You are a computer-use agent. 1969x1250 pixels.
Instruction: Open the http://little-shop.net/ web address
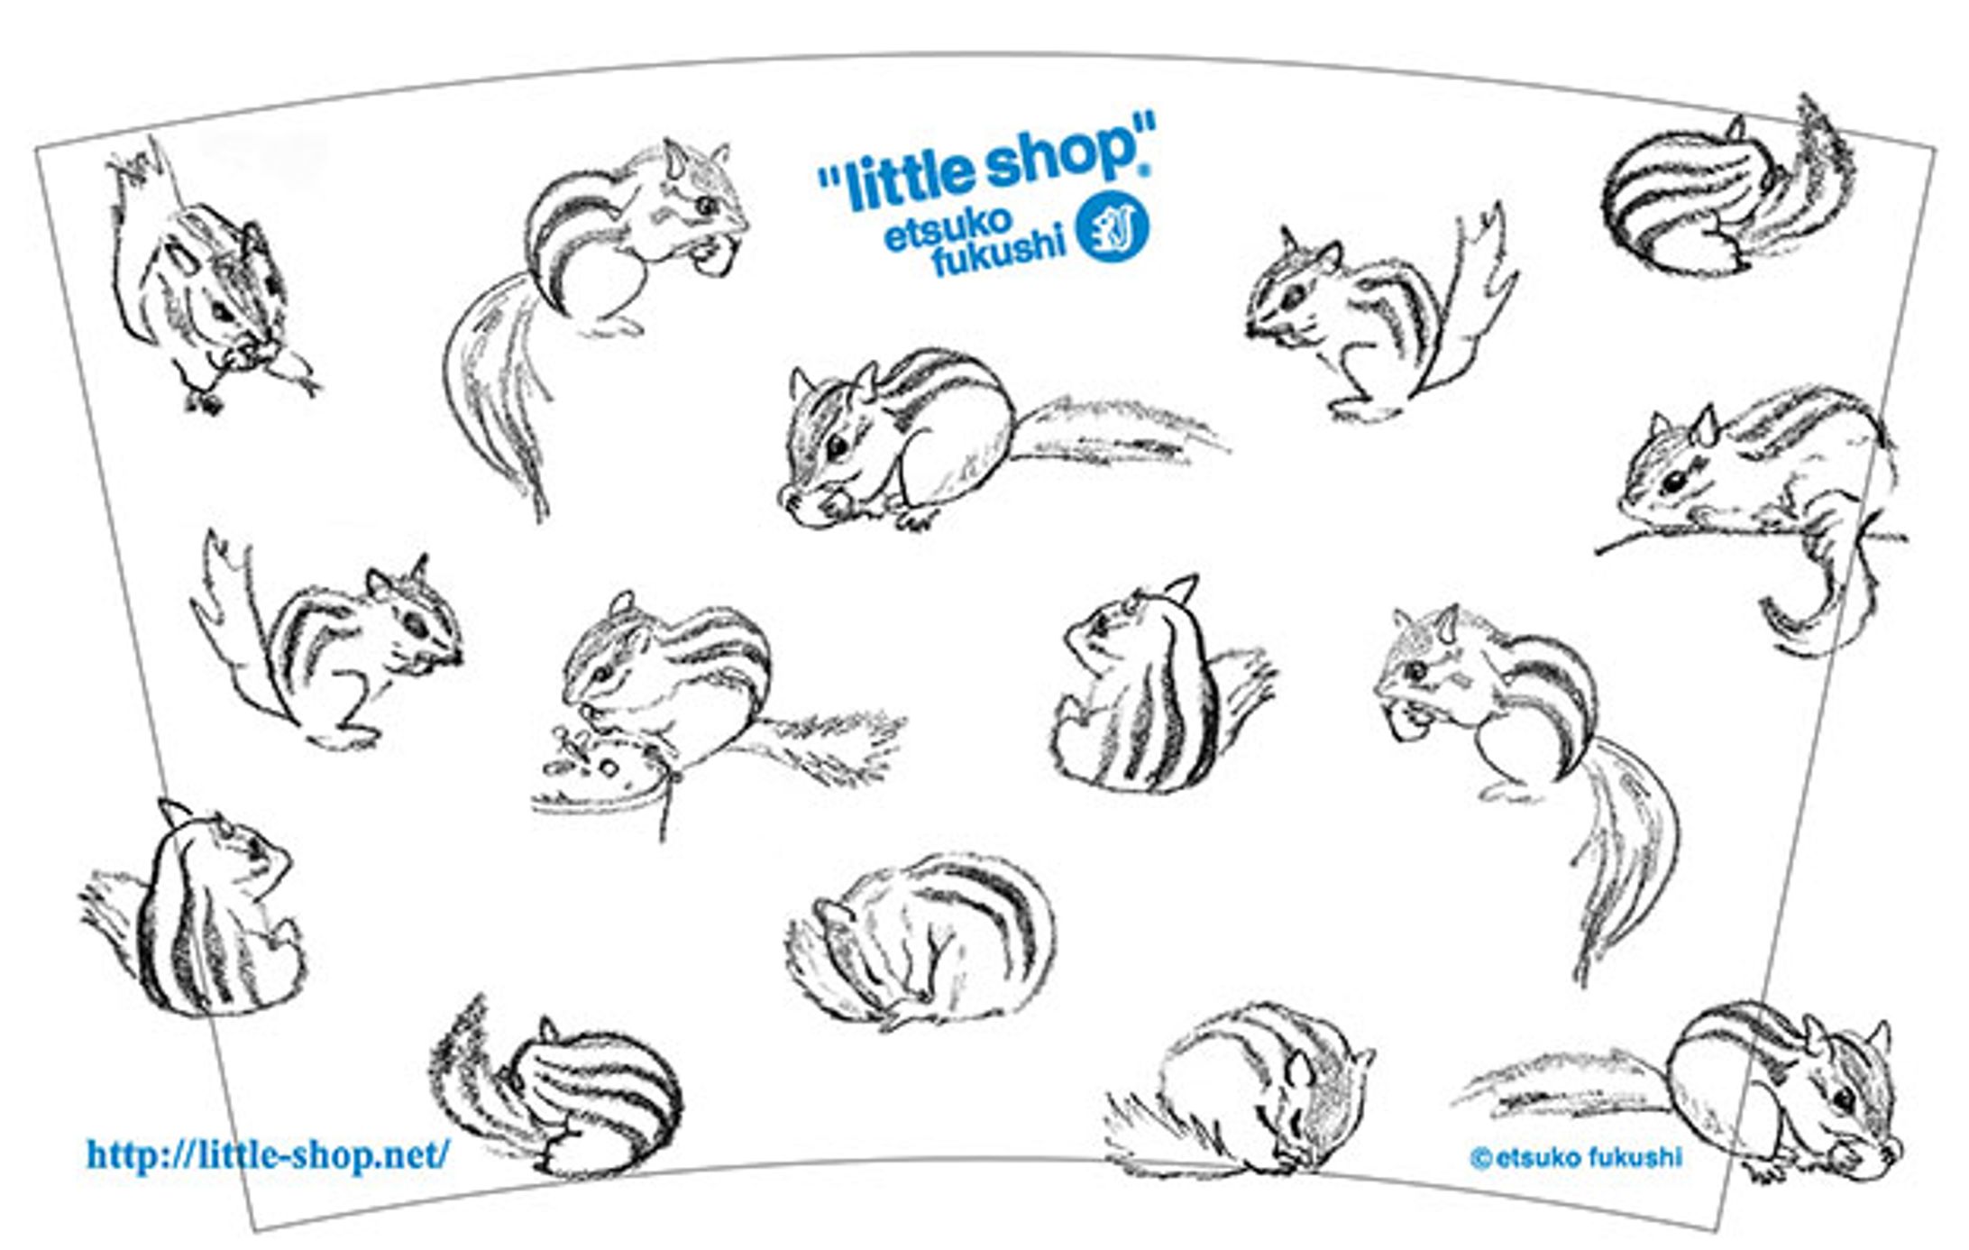click(267, 1153)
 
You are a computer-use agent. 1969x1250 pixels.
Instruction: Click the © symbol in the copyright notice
click(1480, 1158)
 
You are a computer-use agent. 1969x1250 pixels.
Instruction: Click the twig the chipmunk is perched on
click(1750, 538)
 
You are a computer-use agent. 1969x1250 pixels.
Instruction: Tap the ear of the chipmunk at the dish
click(623, 603)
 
